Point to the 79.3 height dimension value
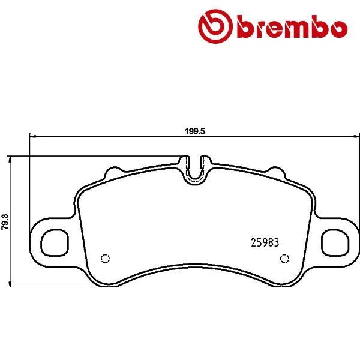point(5,221)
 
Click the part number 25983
point(265,243)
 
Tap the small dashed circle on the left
point(106,259)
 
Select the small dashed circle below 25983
point(284,259)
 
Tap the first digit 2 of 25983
point(252,243)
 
